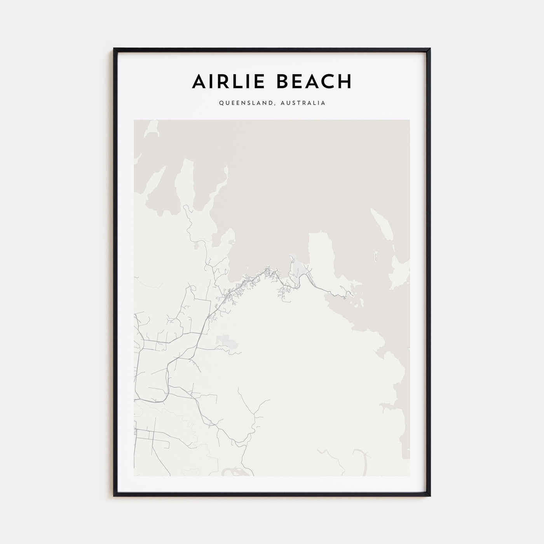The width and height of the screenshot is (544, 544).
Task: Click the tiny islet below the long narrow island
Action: pos(376,256)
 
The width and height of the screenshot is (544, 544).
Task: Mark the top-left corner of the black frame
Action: pos(114,49)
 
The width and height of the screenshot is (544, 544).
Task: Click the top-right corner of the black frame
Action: pos(430,49)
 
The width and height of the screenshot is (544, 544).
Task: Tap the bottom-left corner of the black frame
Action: pos(114,496)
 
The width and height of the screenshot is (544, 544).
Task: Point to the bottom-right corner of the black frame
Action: pos(430,496)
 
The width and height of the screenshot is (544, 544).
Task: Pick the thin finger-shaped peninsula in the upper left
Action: pos(183,183)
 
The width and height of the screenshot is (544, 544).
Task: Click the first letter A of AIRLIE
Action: pos(198,81)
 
